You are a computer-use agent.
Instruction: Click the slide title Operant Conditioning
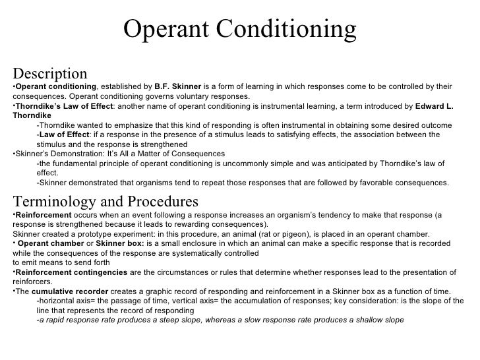click(239, 29)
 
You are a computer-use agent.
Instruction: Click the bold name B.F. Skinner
click(177, 86)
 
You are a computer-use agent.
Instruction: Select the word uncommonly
click(266, 164)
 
